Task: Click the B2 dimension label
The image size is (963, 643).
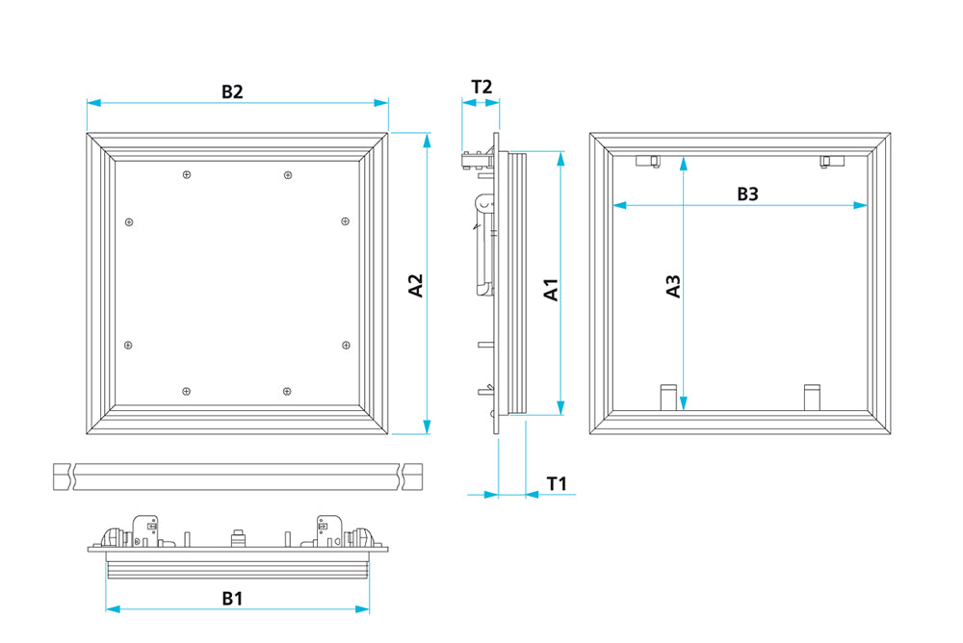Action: [232, 91]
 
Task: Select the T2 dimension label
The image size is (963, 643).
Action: [481, 87]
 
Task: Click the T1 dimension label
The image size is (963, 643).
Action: [557, 483]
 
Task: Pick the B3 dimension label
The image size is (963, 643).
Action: [748, 193]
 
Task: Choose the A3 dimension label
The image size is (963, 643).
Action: [674, 286]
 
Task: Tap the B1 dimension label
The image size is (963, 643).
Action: [232, 598]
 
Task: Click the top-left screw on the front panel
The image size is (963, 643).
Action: [187, 174]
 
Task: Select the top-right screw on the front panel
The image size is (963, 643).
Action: [287, 174]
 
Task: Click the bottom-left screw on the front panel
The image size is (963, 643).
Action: [187, 391]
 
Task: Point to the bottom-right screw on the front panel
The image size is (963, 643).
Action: [287, 391]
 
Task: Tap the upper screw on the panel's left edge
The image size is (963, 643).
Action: [129, 222]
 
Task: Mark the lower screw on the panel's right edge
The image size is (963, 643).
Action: [345, 344]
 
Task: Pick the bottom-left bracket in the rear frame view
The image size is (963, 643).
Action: [666, 396]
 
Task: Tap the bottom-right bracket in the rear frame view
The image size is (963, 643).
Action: [812, 396]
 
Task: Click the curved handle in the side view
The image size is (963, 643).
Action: [483, 245]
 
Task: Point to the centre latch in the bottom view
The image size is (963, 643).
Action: [238, 536]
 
